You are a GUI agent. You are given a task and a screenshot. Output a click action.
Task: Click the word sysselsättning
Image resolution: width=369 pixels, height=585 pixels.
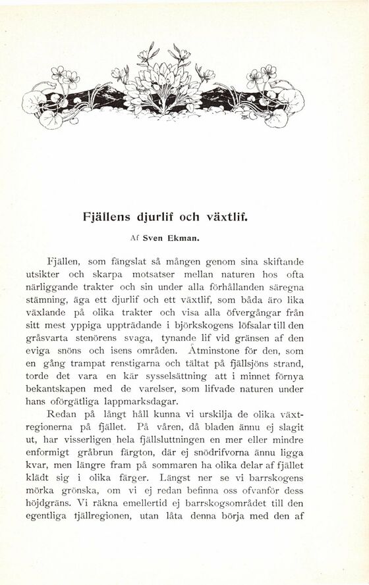coord(186,376)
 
